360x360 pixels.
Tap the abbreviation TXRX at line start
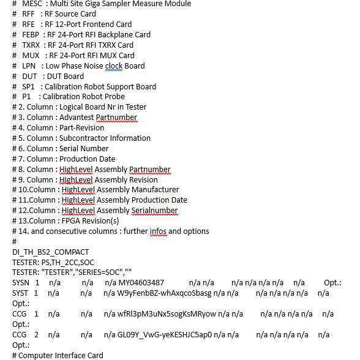31,45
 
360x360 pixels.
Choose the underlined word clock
113,66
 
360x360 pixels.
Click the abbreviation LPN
29,66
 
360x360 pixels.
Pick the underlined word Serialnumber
154,211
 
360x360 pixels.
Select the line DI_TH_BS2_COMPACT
50,252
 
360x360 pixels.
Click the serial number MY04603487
141,283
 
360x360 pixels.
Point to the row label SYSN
21,283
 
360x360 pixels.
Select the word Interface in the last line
72,356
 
